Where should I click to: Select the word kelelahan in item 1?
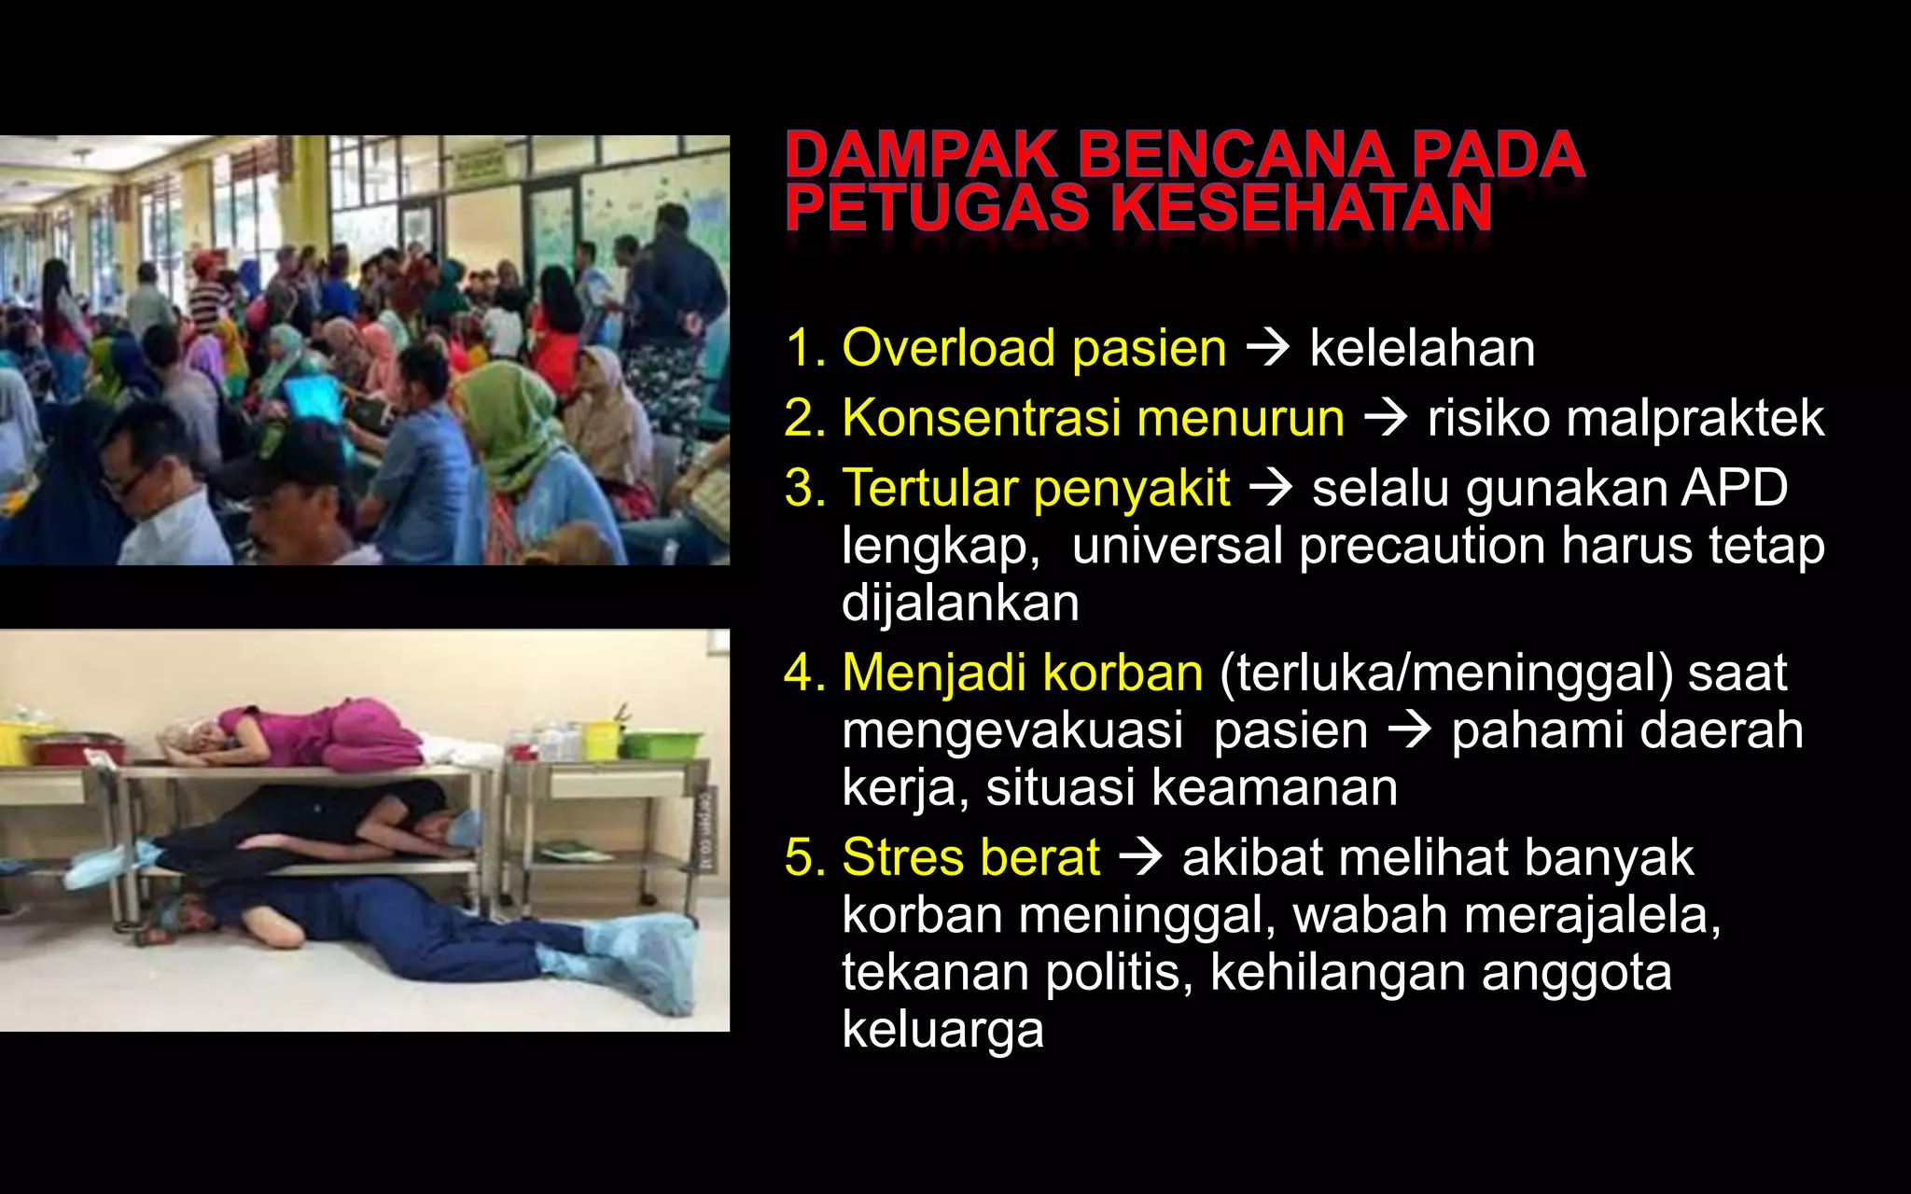[x=1422, y=349]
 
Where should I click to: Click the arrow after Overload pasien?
[x=1268, y=348]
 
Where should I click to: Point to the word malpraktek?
[x=1625, y=418]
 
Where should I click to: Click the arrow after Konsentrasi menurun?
[x=1386, y=418]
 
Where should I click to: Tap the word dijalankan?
[x=960, y=604]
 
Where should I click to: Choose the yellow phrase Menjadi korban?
[x=1023, y=673]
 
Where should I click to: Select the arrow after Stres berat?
[x=1140, y=857]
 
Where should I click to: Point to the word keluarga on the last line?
[x=942, y=1031]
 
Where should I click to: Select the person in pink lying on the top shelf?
[x=308, y=732]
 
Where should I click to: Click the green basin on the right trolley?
[x=661, y=743]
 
